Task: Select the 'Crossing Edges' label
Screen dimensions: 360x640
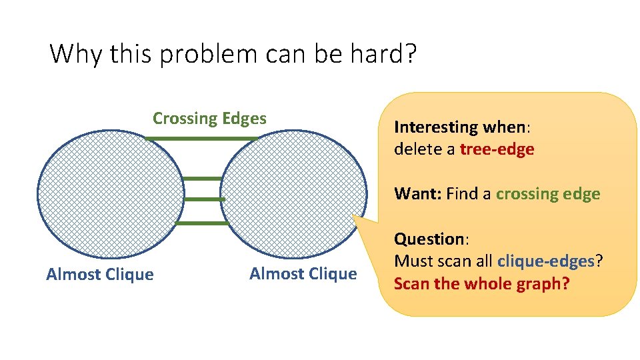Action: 209,119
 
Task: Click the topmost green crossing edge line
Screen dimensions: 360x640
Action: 200,139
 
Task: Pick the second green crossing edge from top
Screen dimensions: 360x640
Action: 201,179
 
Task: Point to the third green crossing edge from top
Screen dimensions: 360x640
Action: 203,199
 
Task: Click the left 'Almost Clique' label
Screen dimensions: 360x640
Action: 100,275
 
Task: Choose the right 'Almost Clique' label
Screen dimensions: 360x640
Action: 303,274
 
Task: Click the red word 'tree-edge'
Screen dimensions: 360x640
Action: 497,149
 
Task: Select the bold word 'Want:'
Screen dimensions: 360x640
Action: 418,194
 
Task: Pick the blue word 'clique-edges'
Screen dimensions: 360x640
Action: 545,261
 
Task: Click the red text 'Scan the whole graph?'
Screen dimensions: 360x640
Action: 481,284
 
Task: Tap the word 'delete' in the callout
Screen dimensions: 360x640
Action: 415,149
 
